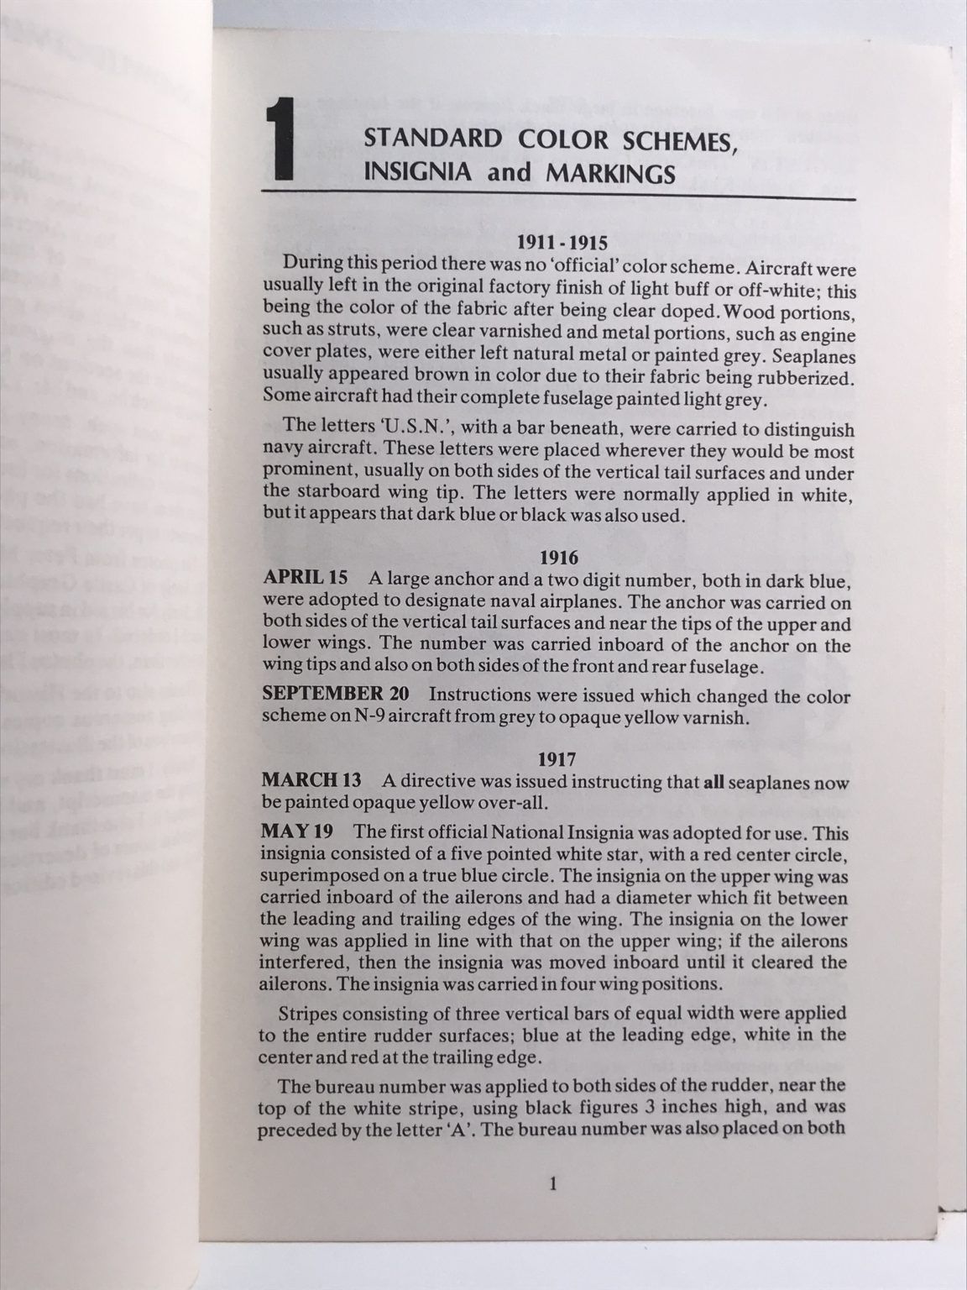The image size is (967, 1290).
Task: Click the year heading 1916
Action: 557,557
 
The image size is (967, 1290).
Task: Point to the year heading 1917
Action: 557,759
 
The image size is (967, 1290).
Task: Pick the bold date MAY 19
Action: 296,833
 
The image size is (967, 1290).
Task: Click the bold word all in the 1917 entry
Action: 713,782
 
